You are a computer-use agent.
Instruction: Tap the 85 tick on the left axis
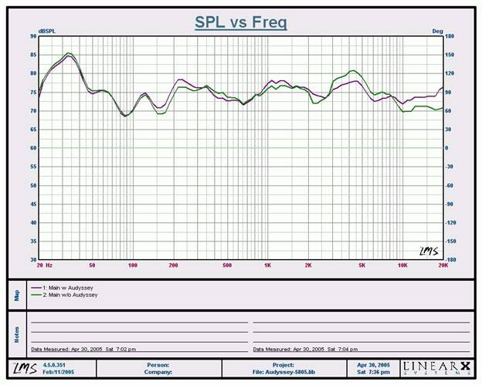[x=33, y=55]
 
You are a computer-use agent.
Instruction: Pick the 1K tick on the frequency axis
[x=267, y=265]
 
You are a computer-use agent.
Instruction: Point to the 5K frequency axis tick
[x=361, y=265]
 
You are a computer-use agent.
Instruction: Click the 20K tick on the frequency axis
[x=443, y=265]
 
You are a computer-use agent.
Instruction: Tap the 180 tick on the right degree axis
[x=450, y=36]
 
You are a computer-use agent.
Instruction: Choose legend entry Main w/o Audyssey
[x=59, y=293]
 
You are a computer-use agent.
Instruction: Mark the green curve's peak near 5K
[x=353, y=71]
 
